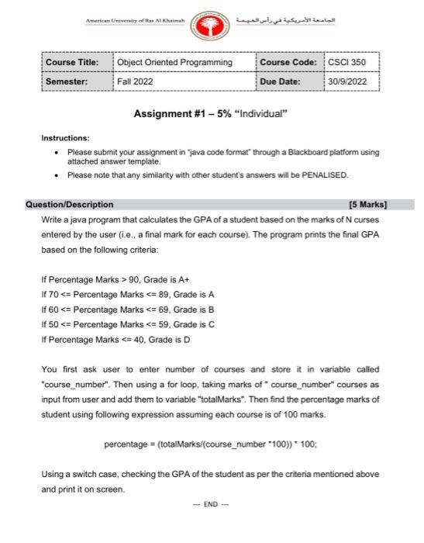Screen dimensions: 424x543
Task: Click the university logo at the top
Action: point(212,26)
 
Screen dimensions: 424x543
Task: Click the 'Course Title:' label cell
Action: point(72,62)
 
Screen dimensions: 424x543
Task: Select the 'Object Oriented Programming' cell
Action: point(174,62)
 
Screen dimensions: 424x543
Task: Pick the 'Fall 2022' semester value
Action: point(135,80)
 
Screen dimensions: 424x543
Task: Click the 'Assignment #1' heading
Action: point(210,113)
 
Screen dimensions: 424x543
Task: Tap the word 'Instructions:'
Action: point(66,138)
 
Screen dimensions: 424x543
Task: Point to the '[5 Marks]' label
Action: point(367,205)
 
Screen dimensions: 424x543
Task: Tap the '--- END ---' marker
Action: point(210,502)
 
